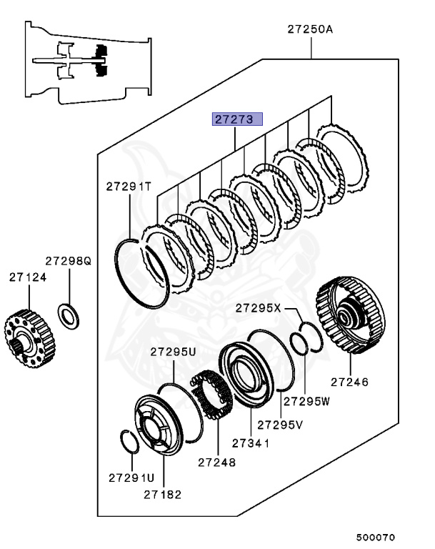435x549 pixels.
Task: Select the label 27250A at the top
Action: pos(311,29)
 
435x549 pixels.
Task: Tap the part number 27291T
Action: pos(129,187)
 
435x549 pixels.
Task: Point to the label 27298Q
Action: pos(69,262)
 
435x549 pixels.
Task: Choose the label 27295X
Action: pos(259,308)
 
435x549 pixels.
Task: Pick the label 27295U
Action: pos(173,352)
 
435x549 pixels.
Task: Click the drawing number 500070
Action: pos(376,537)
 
